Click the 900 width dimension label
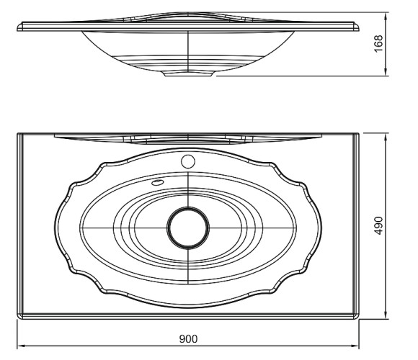pos(188,338)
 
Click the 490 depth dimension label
pos(378,225)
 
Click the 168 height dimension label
pos(378,44)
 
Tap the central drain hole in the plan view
pos(188,228)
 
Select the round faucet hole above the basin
pos(188,161)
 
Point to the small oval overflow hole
pos(157,182)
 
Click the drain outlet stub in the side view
pos(188,73)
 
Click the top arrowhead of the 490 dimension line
pos(386,137)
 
